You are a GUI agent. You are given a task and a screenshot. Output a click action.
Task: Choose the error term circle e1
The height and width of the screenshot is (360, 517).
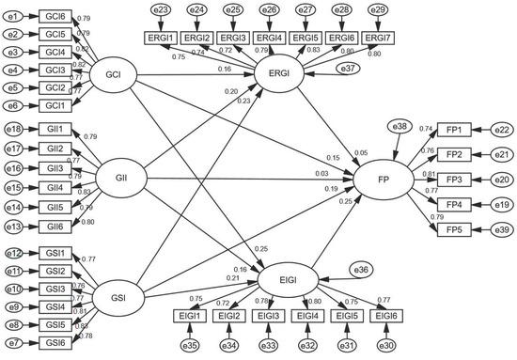point(12,16)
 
